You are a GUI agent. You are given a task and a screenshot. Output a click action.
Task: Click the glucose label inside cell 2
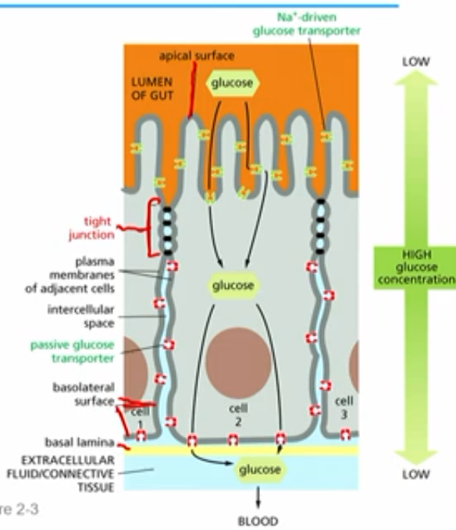point(233,286)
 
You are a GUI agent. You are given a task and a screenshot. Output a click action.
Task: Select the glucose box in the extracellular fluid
point(259,470)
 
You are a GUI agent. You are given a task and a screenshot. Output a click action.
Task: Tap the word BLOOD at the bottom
point(258,518)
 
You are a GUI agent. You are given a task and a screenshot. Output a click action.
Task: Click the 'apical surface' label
point(195,56)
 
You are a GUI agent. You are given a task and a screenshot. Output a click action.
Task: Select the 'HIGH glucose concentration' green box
point(415,266)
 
